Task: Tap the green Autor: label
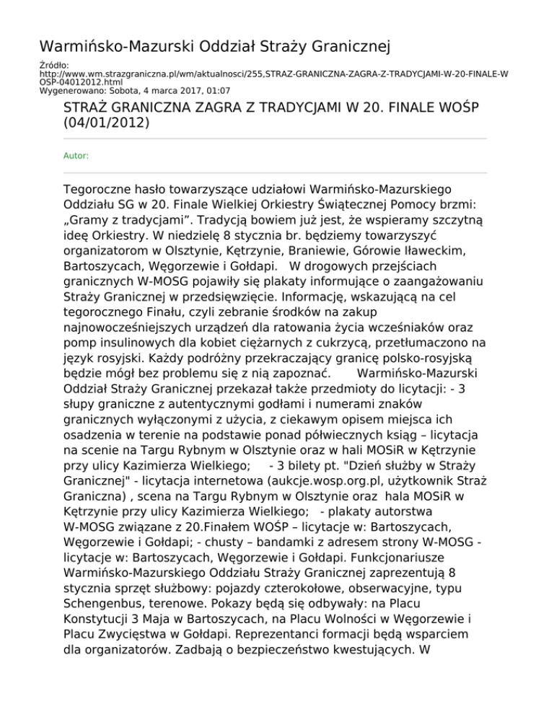coord(76,154)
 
